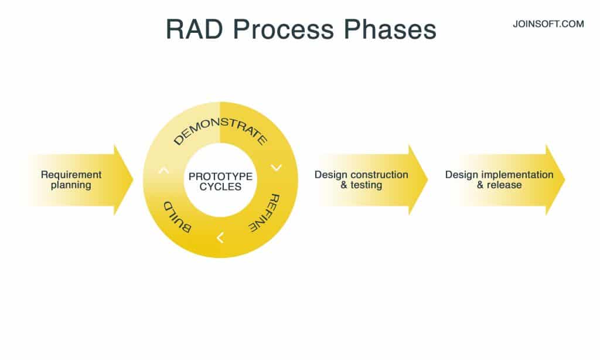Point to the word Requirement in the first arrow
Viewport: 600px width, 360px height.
pyautogui.click(x=71, y=175)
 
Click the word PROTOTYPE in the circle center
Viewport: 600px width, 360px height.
pyautogui.click(x=220, y=176)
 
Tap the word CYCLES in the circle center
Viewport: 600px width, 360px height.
pyautogui.click(x=220, y=187)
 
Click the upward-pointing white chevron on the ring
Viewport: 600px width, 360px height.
pyautogui.click(x=164, y=171)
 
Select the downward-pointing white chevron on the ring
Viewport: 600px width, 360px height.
pyautogui.click(x=276, y=168)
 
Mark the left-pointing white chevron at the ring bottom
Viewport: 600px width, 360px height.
pyautogui.click(x=220, y=237)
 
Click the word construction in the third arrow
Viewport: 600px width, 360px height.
pyautogui.click(x=379, y=175)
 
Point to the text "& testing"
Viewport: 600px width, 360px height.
pyautogui.click(x=361, y=185)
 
